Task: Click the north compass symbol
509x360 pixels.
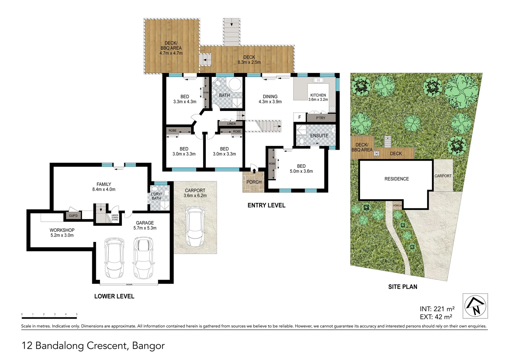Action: (x=475, y=306)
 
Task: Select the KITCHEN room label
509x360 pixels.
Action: (x=318, y=95)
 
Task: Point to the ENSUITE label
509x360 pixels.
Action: (x=319, y=136)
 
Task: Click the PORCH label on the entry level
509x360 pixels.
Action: (x=254, y=182)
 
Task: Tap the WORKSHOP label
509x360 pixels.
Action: (x=62, y=230)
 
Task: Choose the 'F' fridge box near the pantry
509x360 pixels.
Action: (x=299, y=117)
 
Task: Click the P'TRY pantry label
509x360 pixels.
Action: (x=320, y=118)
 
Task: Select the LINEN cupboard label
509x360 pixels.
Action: (x=232, y=124)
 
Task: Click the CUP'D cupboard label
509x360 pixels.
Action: (x=73, y=216)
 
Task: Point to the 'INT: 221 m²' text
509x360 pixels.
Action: (x=437, y=309)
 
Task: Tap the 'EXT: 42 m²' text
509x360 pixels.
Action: (x=436, y=317)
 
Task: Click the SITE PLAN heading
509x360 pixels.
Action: (x=402, y=287)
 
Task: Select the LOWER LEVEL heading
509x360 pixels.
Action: (x=114, y=296)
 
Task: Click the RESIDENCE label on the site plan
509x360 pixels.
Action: (x=396, y=179)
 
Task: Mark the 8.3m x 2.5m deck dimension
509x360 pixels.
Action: (x=249, y=62)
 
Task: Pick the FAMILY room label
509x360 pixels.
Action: (x=104, y=184)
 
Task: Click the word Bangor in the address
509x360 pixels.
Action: (x=149, y=346)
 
